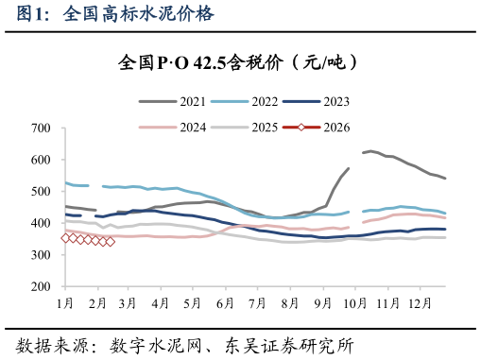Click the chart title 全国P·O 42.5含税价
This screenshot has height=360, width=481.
point(235,62)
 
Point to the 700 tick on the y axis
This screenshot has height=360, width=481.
point(41,128)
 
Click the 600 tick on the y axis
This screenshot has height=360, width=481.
point(41,160)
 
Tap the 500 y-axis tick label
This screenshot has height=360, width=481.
point(41,191)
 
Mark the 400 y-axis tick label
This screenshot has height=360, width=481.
point(41,223)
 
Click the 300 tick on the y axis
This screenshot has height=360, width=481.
point(41,254)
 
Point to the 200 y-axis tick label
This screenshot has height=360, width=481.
point(41,286)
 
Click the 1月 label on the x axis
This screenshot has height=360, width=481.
point(65,303)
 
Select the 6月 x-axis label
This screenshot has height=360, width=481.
point(225,303)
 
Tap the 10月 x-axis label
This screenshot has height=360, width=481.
point(352,303)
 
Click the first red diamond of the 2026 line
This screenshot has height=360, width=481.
point(65,238)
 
